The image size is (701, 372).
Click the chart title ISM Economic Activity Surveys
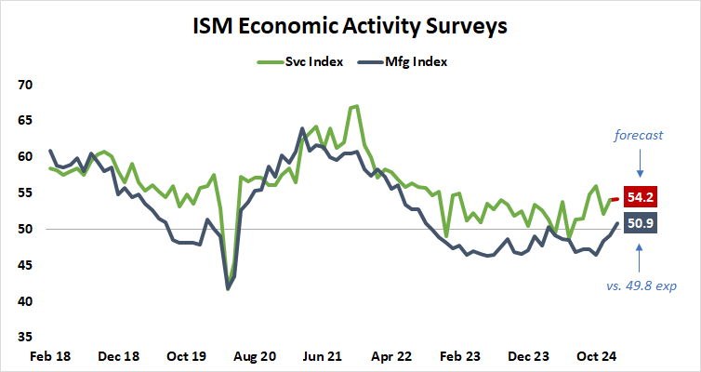pyautogui.click(x=350, y=25)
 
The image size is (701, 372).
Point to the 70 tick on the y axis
pyautogui.click(x=25, y=85)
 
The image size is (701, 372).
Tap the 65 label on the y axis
pyautogui.click(x=25, y=121)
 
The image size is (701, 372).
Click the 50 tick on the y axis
pyautogui.click(x=25, y=230)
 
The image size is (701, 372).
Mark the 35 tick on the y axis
pyautogui.click(x=25, y=338)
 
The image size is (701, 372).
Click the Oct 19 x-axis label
pyautogui.click(x=187, y=356)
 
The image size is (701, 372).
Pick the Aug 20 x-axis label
pyautogui.click(x=256, y=356)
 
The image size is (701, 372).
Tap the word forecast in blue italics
pyautogui.click(x=639, y=135)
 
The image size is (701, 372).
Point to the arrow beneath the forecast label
pyautogui.click(x=641, y=164)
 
